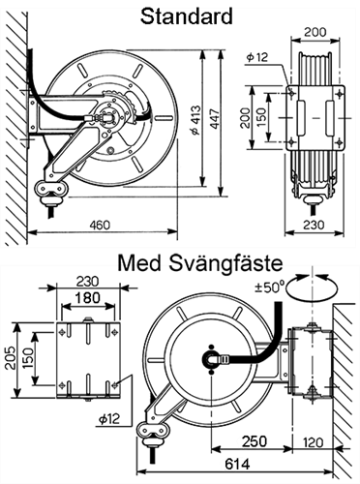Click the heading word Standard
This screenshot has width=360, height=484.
[x=187, y=16]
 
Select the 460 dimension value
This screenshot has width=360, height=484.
[x=100, y=225]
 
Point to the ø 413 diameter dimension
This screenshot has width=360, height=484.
[x=196, y=120]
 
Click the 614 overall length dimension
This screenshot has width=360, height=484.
[x=237, y=464]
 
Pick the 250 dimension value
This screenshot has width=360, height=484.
[x=255, y=441]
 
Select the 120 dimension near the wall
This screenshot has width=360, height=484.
[x=313, y=442]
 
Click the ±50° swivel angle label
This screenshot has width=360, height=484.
[x=270, y=287]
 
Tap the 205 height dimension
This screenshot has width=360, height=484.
[x=10, y=358]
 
